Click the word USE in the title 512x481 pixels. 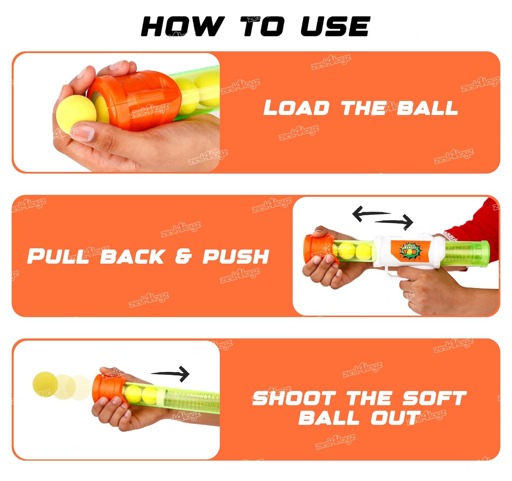tap(336, 26)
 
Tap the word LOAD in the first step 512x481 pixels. tap(297, 107)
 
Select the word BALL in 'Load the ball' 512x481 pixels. tap(427, 107)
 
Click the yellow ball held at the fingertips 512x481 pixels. tap(76, 111)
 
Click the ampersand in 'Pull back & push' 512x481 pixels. tap(183, 256)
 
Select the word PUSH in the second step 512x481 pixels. tap(236, 256)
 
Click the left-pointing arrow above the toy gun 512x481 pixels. tap(371, 214)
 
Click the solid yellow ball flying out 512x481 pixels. tap(45, 384)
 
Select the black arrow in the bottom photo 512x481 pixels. tap(170, 374)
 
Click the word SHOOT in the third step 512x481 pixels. tap(294, 398)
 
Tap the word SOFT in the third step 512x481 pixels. tap(434, 398)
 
